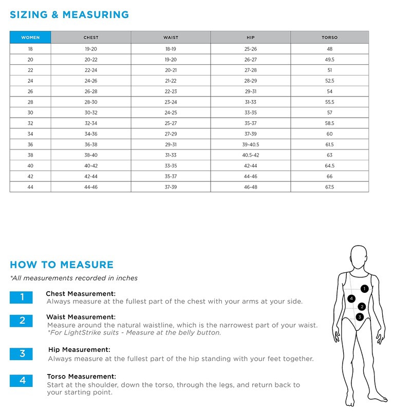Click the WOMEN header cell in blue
30,38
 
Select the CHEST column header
91,38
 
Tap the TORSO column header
329,38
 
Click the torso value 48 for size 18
329,49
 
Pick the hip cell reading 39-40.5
250,145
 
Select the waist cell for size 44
171,188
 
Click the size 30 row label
30,113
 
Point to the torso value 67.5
329,188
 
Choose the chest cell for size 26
91,91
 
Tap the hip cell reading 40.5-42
250,155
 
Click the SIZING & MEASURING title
69,14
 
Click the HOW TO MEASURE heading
62,265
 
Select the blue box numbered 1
22,297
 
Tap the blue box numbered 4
22,381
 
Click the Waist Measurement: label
81,317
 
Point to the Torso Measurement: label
81,376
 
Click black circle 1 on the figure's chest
364,289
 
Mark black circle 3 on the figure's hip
360,317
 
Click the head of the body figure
358,255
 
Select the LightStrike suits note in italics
134,332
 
